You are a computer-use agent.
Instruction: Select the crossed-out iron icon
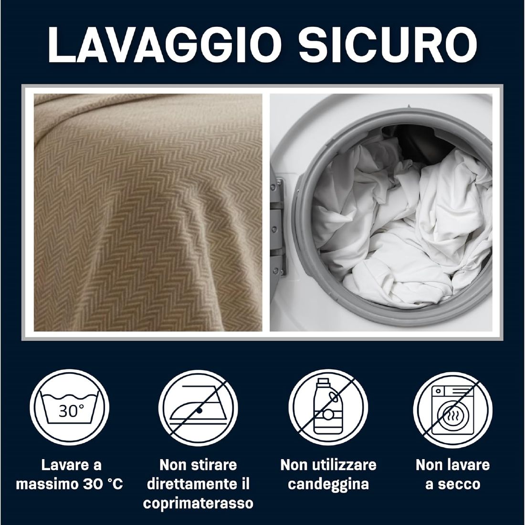click(198, 409)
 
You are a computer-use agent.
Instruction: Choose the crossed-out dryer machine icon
click(452, 409)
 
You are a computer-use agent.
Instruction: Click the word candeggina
click(328, 484)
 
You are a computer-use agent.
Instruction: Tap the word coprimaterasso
click(198, 503)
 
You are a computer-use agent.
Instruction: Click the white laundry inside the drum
click(402, 228)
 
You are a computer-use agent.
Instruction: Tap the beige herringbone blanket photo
click(148, 212)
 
